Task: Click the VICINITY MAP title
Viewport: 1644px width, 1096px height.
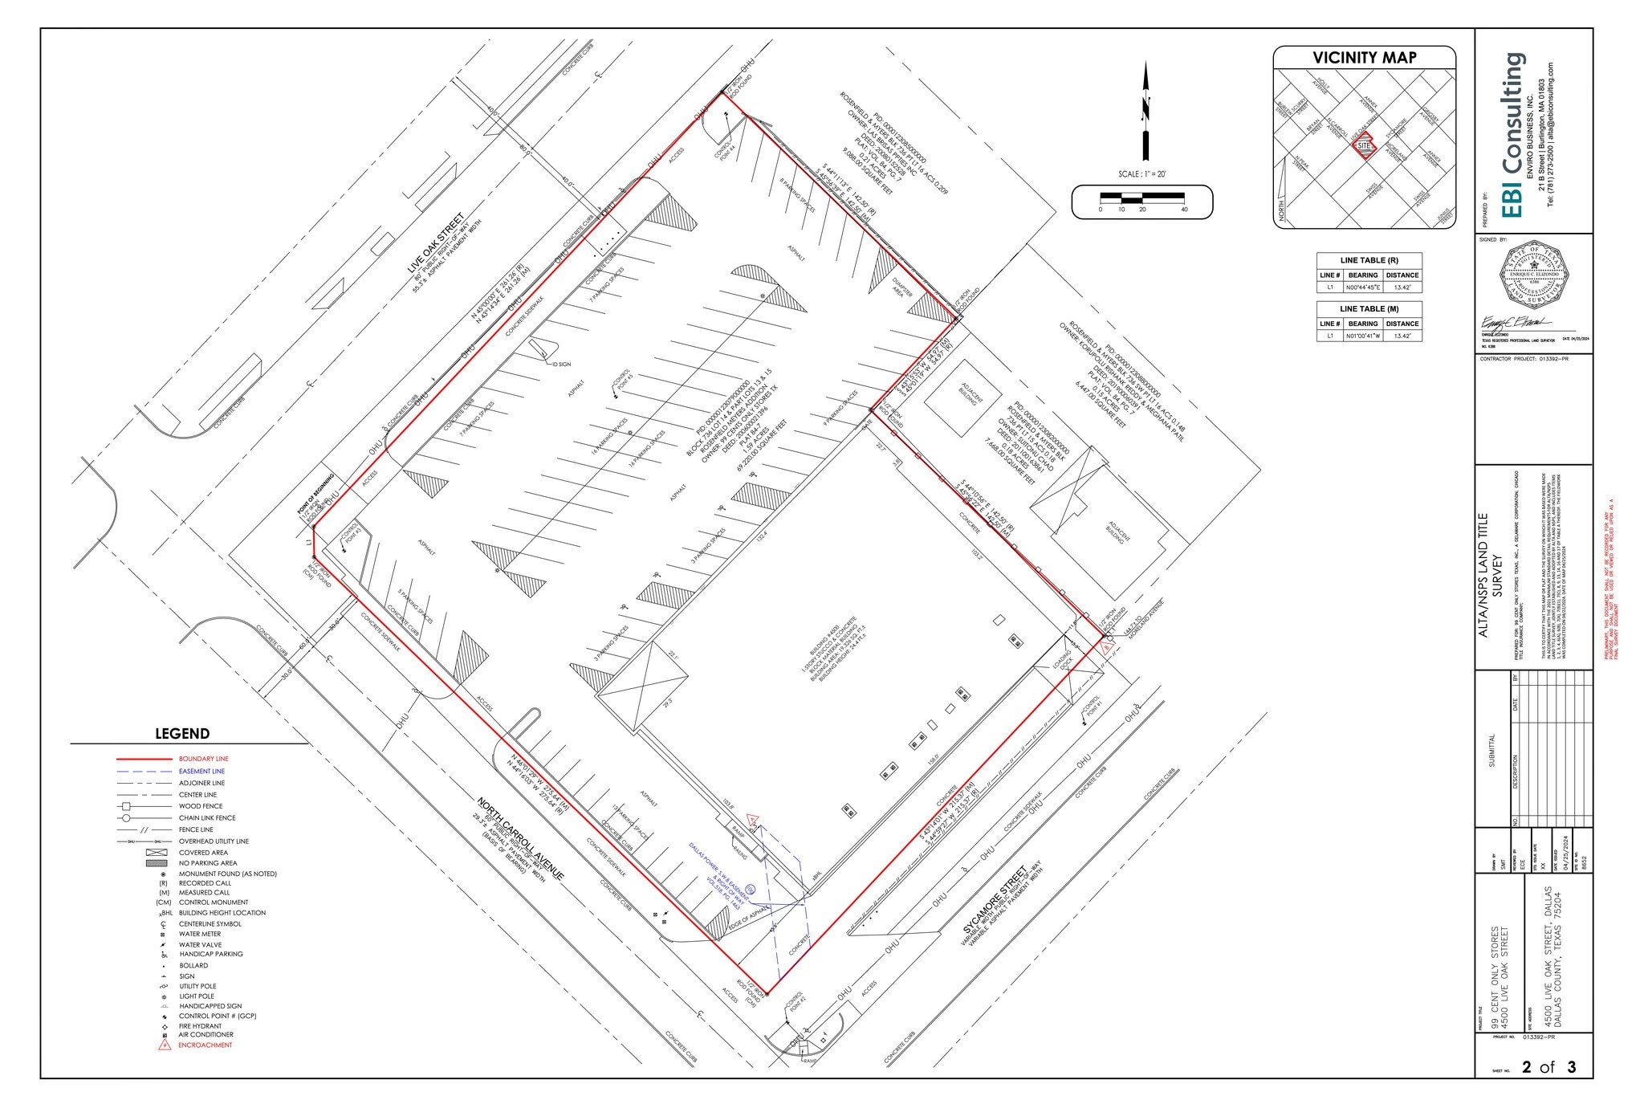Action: coord(1364,58)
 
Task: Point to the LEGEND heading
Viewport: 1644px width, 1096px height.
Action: coord(182,733)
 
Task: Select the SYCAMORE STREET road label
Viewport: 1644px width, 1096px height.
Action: coord(995,900)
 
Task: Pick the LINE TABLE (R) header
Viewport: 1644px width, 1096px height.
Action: coord(1369,260)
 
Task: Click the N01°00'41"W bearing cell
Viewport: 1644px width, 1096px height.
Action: coord(1363,336)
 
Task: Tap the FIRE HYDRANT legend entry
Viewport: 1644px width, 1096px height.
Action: coord(201,1026)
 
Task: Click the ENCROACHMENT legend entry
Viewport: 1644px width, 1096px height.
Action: coord(205,1045)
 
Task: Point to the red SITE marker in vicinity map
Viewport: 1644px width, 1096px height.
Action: coord(1364,145)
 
